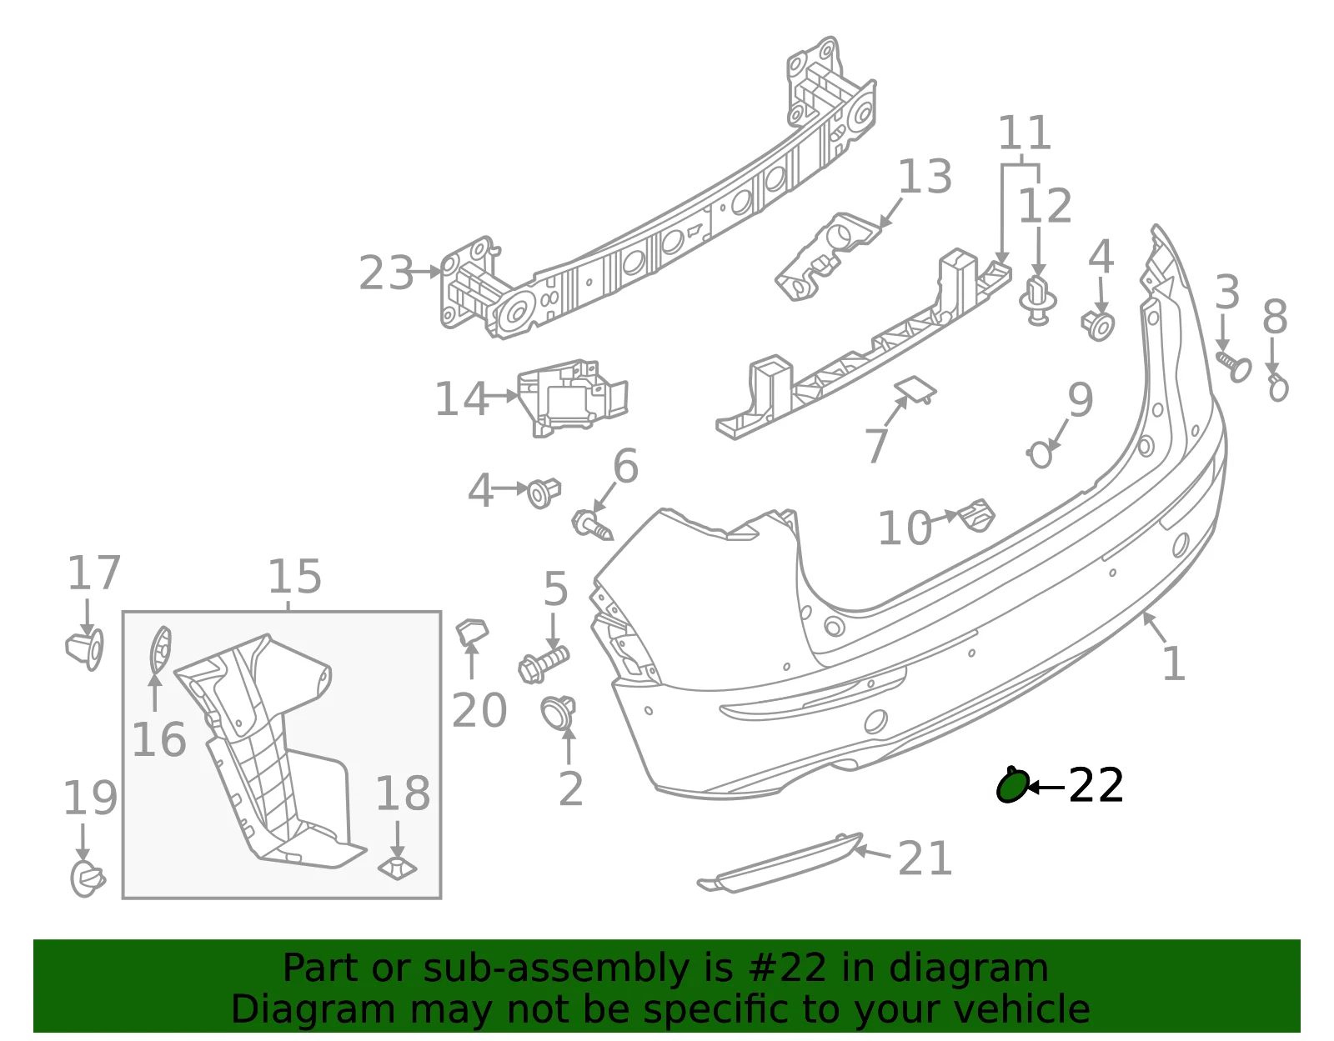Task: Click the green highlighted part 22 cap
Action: [x=1011, y=785]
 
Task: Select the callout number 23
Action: [x=386, y=273]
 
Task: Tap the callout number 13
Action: [x=925, y=177]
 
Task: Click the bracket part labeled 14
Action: [x=572, y=398]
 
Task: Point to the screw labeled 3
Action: [x=1234, y=366]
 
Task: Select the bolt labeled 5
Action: [x=544, y=664]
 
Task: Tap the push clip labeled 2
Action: [x=558, y=713]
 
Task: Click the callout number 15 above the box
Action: [x=294, y=578]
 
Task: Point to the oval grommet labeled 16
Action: [x=160, y=650]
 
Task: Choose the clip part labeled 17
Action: [x=85, y=649]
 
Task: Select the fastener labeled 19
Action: [x=88, y=879]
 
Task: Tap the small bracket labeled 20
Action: [x=471, y=632]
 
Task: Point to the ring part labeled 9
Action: [x=1040, y=454]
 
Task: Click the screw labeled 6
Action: [x=593, y=526]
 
